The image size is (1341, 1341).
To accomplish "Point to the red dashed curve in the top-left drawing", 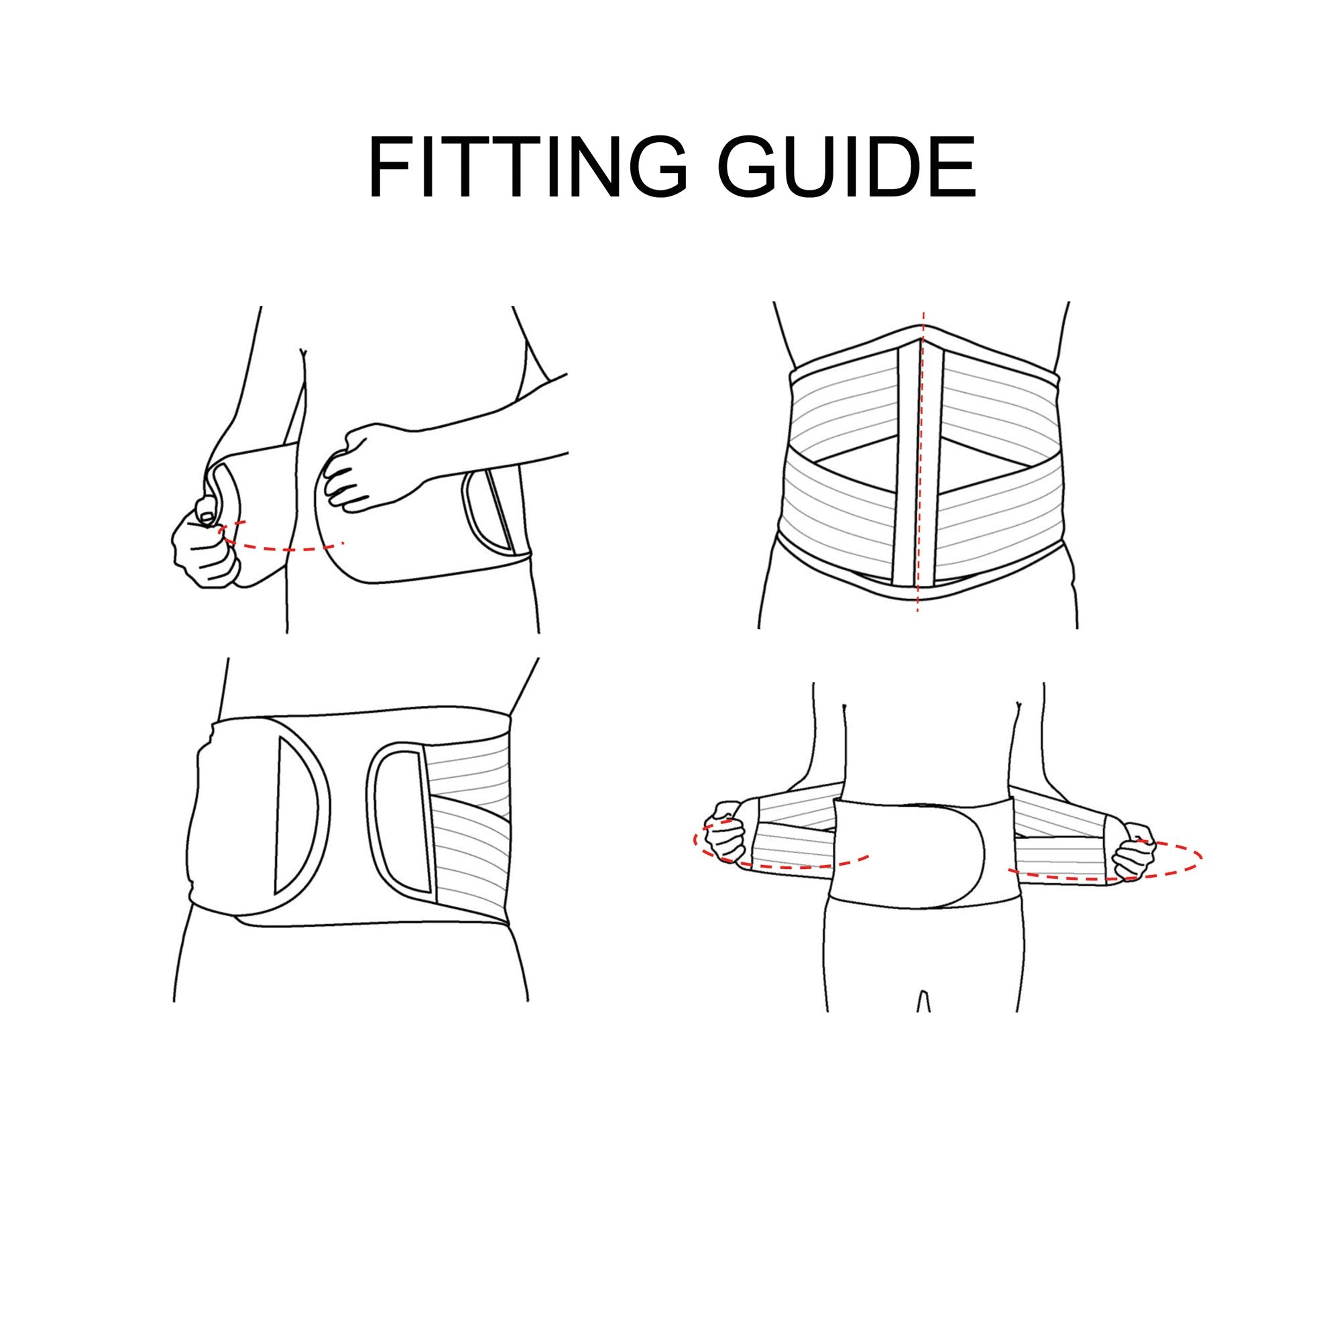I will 284,548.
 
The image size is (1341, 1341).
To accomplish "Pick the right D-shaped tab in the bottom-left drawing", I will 400,819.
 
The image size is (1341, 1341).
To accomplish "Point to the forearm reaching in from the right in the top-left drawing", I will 486,430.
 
